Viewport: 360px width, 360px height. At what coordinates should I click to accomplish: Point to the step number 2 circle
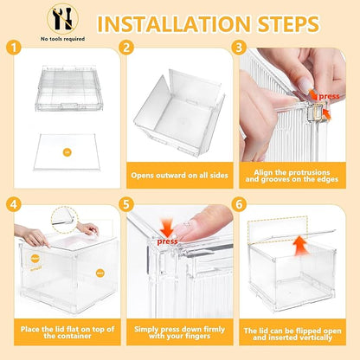click(127, 48)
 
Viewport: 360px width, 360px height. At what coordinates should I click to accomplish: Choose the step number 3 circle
click(239, 48)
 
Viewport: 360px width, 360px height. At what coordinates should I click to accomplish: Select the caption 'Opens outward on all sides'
click(180, 174)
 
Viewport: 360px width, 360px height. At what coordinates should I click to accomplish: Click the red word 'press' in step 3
click(330, 97)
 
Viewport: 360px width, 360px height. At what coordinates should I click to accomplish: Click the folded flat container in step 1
click(64, 87)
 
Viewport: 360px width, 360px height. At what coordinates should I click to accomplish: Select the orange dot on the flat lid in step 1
click(65, 151)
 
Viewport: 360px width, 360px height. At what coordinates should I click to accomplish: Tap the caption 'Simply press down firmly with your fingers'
click(180, 334)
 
